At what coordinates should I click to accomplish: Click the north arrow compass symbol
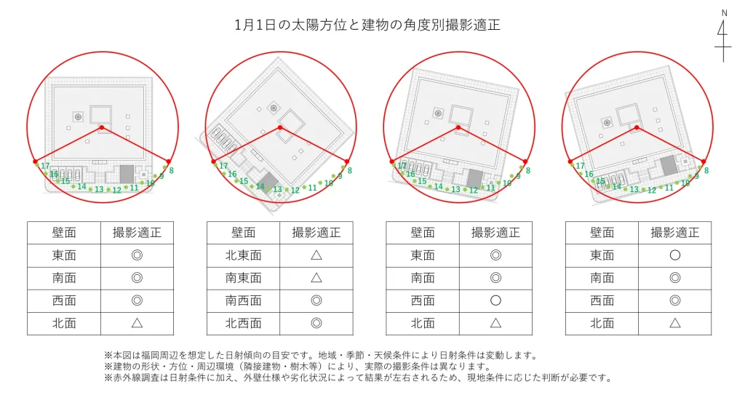pos(723,36)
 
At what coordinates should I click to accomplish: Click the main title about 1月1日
pos(367,25)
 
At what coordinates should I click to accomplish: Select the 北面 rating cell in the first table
pos(137,323)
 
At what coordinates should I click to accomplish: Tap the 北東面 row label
pos(244,255)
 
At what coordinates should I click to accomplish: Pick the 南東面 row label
pos(244,278)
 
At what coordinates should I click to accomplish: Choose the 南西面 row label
pos(244,300)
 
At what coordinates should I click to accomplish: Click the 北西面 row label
pos(244,323)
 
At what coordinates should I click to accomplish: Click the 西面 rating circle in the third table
pos(495,300)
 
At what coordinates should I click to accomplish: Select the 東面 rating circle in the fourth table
pos(674,255)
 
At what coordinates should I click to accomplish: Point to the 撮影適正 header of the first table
pos(137,233)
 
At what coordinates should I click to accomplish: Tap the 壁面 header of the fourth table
pos(602,233)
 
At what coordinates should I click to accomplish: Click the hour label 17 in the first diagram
pos(45,166)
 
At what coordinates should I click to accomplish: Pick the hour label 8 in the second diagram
pos(350,170)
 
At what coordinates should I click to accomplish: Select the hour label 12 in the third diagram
pos(474,190)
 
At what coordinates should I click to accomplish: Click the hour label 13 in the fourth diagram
pos(634,190)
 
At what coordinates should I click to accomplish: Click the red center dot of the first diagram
pos(101,128)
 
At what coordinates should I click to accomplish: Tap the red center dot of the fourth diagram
pos(637,128)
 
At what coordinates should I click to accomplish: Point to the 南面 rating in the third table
pos(495,278)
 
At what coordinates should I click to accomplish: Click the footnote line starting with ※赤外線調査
pos(358,378)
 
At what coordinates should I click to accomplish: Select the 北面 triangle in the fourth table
pos(674,323)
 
